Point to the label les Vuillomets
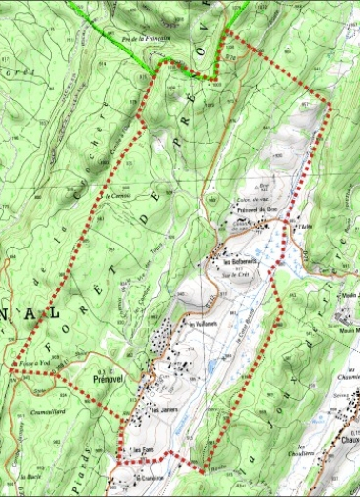pos(204,325)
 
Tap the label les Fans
pos(142,449)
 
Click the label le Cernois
pos(117,196)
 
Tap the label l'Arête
pos(304,226)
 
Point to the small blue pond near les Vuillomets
pos(211,363)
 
